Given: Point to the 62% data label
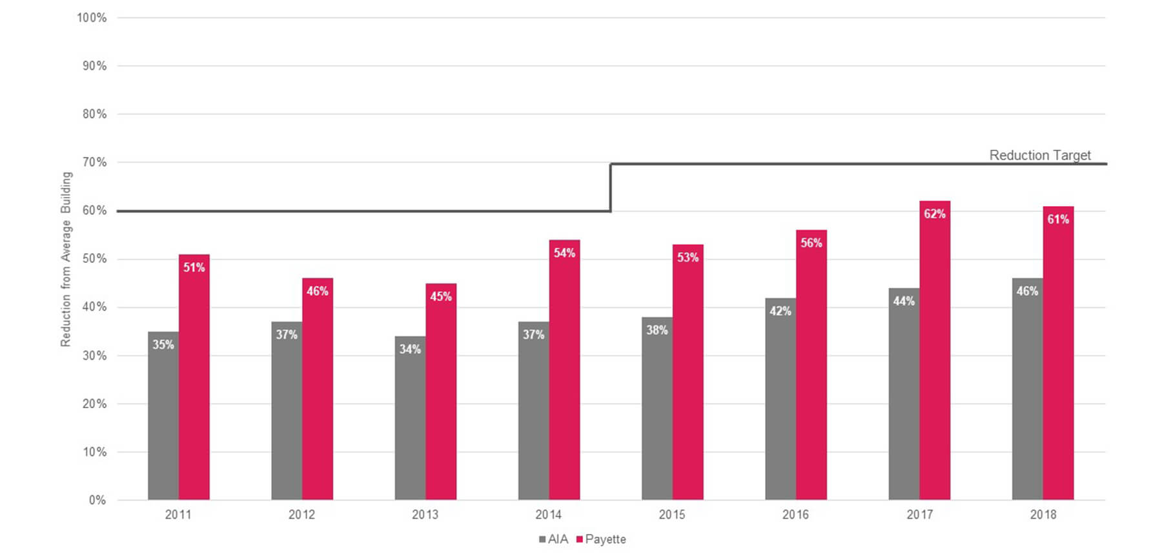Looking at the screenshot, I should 935,214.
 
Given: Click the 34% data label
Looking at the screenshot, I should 410,349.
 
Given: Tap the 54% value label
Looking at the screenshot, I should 564,253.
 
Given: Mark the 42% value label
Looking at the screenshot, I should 780,311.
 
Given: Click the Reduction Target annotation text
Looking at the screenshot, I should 1040,155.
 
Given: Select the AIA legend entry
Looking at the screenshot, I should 554,539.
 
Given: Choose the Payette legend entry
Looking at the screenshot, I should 601,539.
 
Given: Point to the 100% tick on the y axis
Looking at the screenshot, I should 92,18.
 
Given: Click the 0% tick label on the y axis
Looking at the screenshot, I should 97,500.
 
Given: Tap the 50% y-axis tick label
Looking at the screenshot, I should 94,259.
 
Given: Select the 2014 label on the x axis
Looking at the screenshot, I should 548,515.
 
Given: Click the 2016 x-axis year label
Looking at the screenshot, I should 795,515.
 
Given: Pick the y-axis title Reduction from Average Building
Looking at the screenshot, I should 66,259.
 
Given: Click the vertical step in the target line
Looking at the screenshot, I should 611,187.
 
